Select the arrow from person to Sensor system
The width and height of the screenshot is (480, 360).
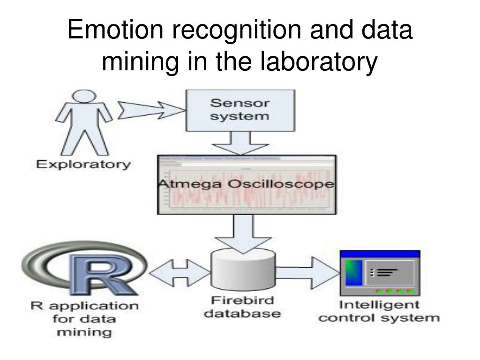pyautogui.click(x=150, y=111)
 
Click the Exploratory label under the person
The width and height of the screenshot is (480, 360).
pyautogui.click(x=82, y=165)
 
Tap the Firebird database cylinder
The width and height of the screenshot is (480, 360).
pyautogui.click(x=244, y=271)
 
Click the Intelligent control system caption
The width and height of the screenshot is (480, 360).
pyautogui.click(x=389, y=311)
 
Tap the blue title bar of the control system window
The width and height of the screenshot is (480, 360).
pyautogui.click(x=380, y=254)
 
